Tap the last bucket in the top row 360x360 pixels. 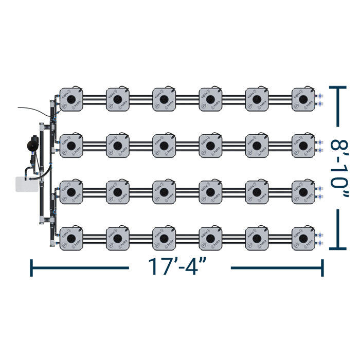303,98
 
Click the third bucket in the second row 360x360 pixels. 164,145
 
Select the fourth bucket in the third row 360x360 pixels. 210,191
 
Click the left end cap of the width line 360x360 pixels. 32,267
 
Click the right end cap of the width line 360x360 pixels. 322,267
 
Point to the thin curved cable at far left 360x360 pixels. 31,109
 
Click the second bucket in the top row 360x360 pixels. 117,98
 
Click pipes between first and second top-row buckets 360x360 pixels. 94,98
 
